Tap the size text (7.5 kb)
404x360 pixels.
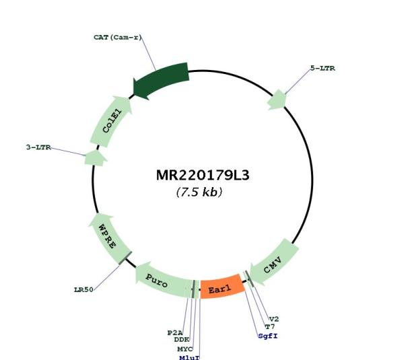[199, 192]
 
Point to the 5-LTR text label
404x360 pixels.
[323, 68]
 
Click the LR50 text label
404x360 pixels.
[84, 290]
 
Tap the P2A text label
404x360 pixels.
[175, 333]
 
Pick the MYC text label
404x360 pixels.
[184, 349]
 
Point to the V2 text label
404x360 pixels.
[274, 319]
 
